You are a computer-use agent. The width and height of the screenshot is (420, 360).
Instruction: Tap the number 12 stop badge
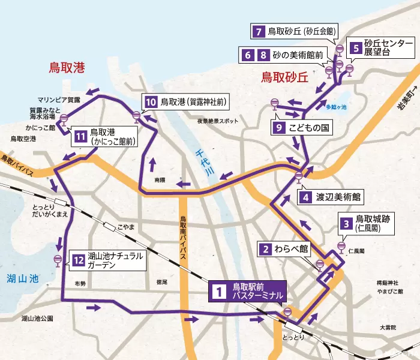tap(77, 260)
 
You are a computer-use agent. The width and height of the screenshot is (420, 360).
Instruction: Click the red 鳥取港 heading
tap(67, 68)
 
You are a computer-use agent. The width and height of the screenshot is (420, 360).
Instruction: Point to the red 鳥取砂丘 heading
tap(284, 77)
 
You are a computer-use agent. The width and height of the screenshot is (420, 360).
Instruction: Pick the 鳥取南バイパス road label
tap(184, 233)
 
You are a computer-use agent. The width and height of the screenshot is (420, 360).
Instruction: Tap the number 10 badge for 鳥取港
tap(150, 101)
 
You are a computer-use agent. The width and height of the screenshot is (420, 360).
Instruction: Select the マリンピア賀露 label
tap(58, 99)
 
